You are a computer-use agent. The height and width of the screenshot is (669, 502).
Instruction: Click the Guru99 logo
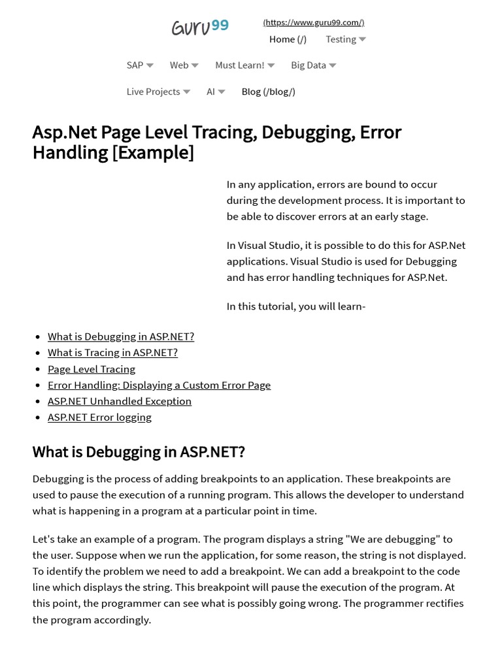click(200, 27)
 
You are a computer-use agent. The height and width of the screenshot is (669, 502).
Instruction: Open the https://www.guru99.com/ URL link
click(314, 22)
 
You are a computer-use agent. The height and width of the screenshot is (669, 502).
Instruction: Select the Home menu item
click(288, 39)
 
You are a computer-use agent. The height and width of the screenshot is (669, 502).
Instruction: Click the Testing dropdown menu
click(346, 39)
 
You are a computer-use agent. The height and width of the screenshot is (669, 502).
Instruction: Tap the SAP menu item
click(140, 65)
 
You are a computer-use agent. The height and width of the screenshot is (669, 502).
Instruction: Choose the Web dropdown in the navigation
click(184, 65)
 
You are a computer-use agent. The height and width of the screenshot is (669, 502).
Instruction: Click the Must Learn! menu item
click(244, 65)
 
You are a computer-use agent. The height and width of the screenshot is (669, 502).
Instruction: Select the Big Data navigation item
click(313, 65)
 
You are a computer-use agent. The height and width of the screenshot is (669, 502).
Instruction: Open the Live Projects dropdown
click(158, 91)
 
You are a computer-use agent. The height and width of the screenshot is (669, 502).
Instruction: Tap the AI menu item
click(216, 91)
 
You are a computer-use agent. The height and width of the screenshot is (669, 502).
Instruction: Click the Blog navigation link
click(268, 91)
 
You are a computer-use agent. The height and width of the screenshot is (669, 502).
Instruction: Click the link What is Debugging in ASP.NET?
click(121, 336)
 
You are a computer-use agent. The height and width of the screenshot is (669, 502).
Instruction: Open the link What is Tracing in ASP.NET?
click(112, 353)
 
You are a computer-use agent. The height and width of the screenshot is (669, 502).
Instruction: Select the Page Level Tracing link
click(92, 369)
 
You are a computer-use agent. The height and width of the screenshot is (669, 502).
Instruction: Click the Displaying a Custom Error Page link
click(159, 385)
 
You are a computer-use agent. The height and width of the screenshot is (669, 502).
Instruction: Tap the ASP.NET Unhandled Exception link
click(120, 401)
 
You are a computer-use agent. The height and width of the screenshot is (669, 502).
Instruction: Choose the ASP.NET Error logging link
click(99, 417)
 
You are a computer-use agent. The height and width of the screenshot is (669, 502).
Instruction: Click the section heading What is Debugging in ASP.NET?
click(139, 452)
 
